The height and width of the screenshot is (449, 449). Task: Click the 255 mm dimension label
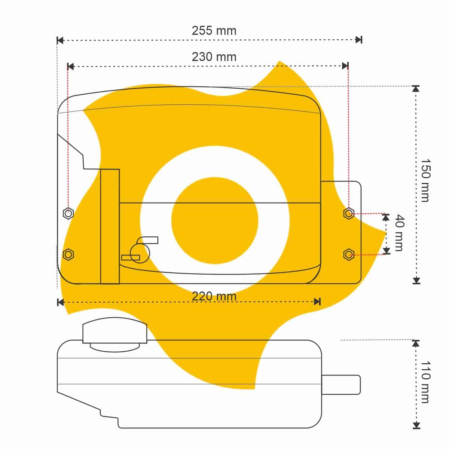tap(214, 31)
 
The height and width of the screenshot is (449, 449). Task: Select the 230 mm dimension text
tap(214, 57)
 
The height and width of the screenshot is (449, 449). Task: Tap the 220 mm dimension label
tap(214, 296)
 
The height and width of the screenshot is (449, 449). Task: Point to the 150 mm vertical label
tap(425, 180)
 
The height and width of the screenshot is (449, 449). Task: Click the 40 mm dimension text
tap(399, 233)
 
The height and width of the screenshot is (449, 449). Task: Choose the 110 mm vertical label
tap(425, 382)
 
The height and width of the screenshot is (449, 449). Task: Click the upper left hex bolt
tap(68, 213)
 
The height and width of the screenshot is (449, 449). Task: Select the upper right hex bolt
tap(349, 213)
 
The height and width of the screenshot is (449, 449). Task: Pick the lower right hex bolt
tap(349, 255)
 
